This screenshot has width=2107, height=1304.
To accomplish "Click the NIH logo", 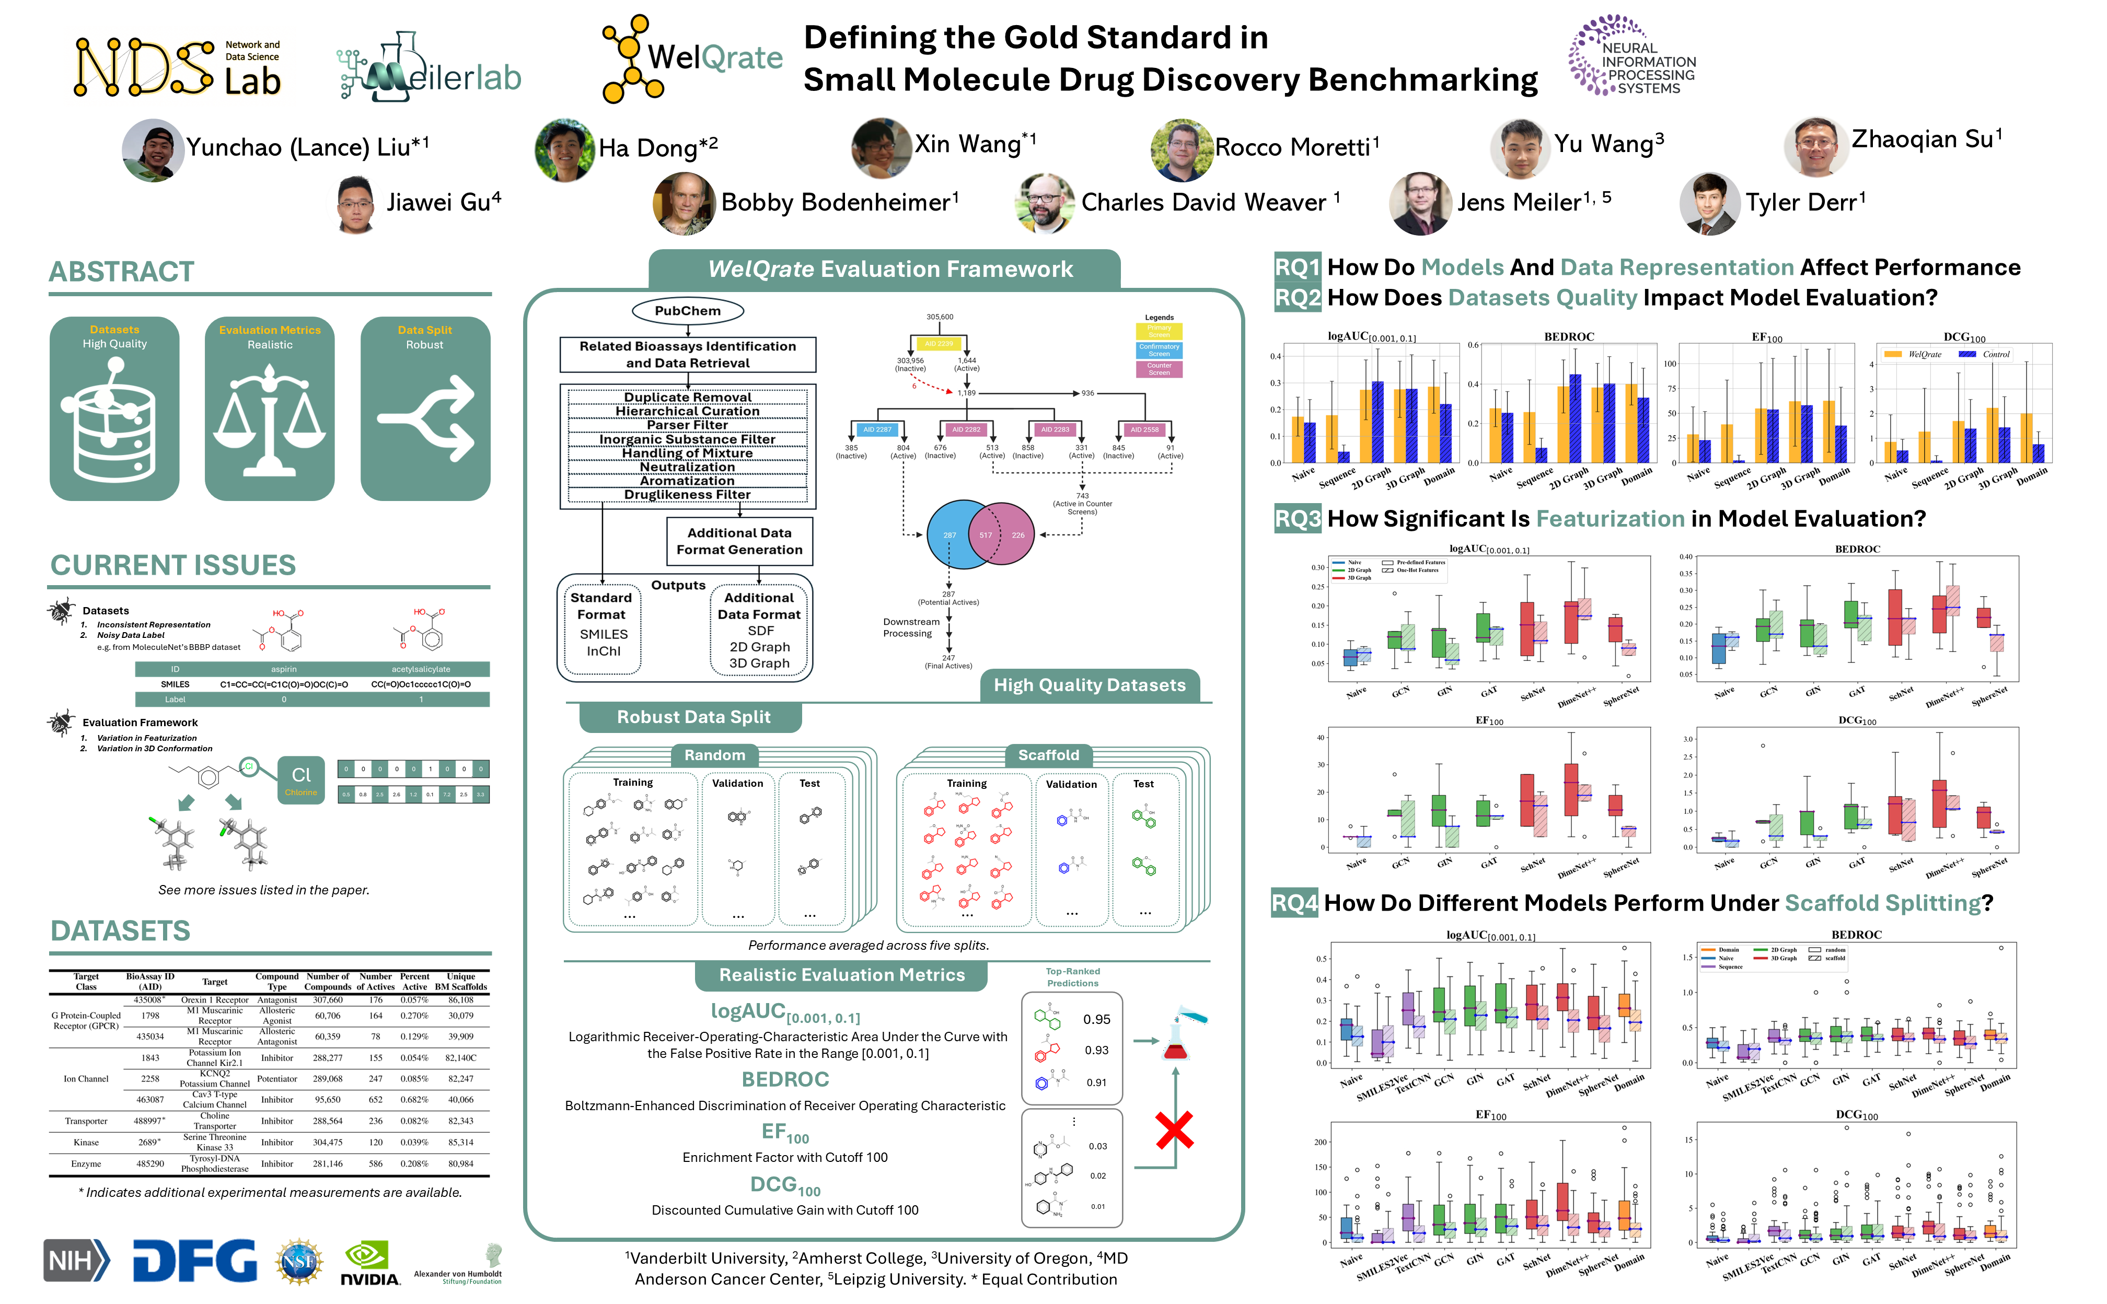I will [x=76, y=1260].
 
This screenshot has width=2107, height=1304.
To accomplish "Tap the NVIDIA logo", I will [x=369, y=1263].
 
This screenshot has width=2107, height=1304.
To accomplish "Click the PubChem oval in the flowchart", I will [x=687, y=310].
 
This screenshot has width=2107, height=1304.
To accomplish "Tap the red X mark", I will [x=1174, y=1130].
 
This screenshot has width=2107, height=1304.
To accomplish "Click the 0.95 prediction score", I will [x=1096, y=1019].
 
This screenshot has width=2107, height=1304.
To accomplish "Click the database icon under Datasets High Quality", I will [x=115, y=423].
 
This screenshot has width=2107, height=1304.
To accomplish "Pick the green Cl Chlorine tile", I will [x=301, y=779].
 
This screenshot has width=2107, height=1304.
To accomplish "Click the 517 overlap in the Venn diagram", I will [x=985, y=534].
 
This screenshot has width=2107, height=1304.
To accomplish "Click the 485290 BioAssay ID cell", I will [x=150, y=1163].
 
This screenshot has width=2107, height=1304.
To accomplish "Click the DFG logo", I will [x=195, y=1261].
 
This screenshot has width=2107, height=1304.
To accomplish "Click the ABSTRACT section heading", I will [x=122, y=272].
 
